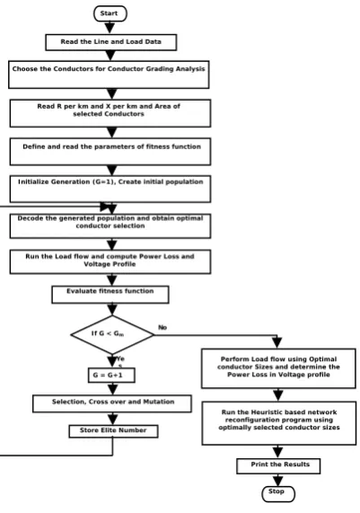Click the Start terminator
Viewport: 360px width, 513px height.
point(110,13)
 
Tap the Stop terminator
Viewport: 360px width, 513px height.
point(278,493)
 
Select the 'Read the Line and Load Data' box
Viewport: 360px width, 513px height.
point(110,42)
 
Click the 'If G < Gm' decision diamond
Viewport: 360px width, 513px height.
point(112,334)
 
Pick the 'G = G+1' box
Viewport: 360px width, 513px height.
point(111,375)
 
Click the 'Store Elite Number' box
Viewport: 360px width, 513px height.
point(113,431)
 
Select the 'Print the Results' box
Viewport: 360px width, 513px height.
point(278,466)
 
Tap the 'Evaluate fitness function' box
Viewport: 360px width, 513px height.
point(110,295)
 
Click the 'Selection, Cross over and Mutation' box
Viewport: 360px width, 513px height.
point(112,403)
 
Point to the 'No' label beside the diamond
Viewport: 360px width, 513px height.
point(162,328)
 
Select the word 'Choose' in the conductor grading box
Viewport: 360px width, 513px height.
point(25,68)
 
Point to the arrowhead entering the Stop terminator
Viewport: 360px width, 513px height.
point(278,481)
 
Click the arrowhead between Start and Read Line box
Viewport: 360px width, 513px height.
point(110,28)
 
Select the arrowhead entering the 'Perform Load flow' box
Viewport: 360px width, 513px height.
point(277,342)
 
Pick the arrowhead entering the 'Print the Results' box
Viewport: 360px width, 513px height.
point(278,453)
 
